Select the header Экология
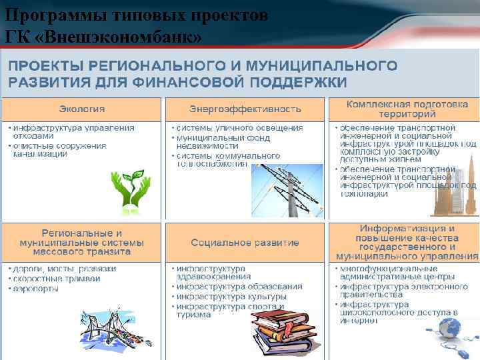coord(82,109)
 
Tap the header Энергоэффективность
coord(245,109)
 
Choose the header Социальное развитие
coord(245,242)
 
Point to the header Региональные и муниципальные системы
coord(82,242)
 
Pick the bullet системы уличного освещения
coord(240,127)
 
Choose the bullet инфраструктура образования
coord(239,286)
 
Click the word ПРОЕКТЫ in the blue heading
coord(47,66)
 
